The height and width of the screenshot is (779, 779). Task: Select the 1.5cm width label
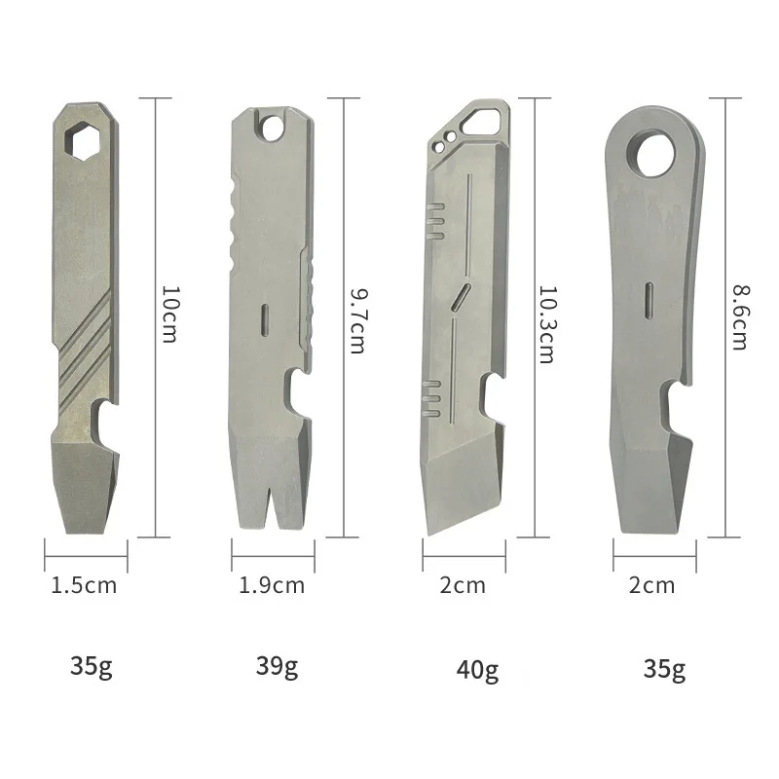pyautogui.click(x=84, y=585)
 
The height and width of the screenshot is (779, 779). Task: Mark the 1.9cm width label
pyautogui.click(x=272, y=585)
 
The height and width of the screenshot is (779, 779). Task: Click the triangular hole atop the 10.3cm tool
pyautogui.click(x=484, y=122)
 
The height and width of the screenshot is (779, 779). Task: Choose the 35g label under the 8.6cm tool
pyautogui.click(x=664, y=669)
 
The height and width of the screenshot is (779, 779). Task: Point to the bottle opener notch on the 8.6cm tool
pyautogui.click(x=679, y=402)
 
